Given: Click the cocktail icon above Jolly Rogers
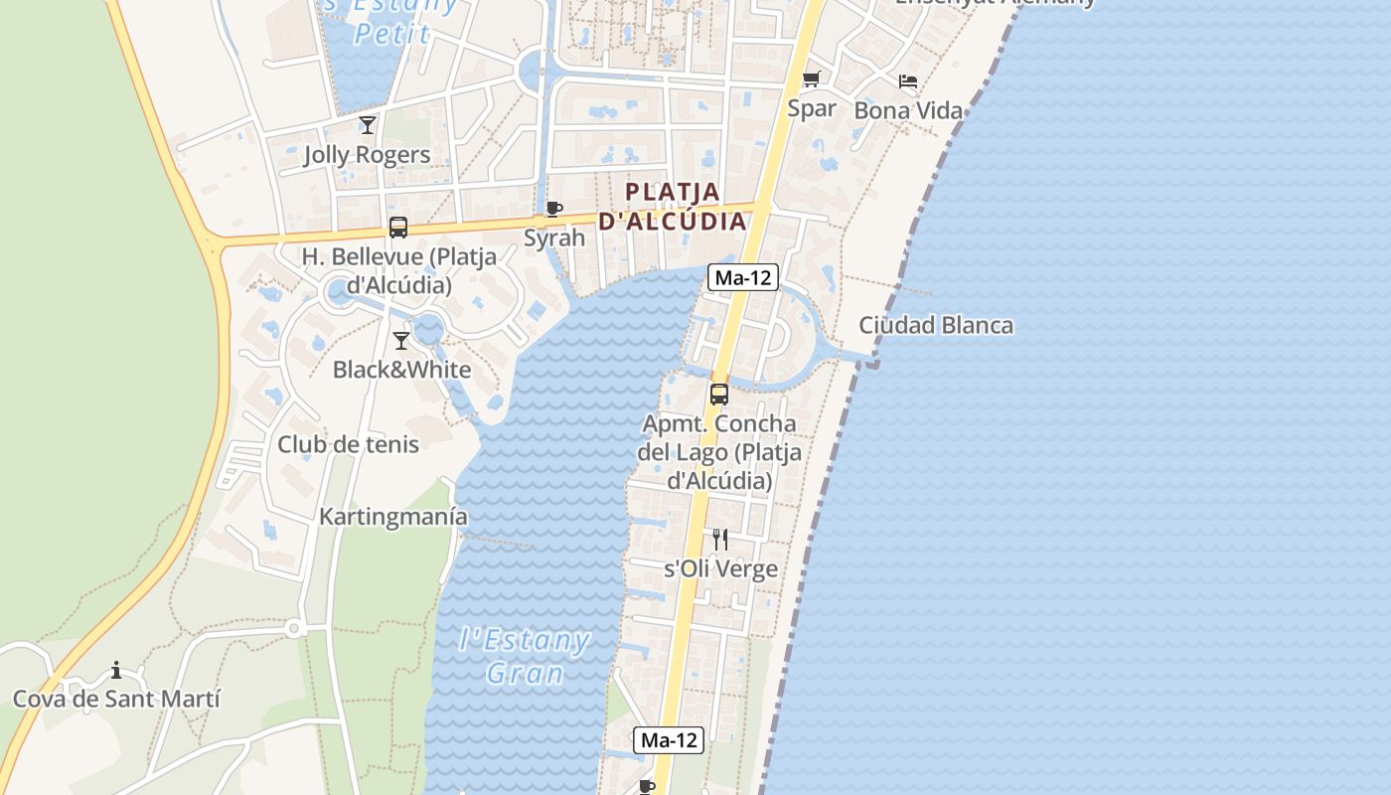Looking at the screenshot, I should [368, 124].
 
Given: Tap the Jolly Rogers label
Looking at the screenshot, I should [368, 155].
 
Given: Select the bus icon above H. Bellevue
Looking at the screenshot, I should [398, 227].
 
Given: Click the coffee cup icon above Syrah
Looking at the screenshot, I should [554, 209].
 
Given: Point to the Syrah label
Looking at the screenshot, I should [554, 238].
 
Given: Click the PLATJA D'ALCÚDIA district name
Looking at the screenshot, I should [673, 206].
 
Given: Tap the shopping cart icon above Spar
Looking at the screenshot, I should [812, 79].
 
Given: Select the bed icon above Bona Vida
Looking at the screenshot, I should [908, 81].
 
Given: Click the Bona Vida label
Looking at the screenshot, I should [908, 110].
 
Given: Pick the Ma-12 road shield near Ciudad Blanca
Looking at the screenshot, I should [742, 277].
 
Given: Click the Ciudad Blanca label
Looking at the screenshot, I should [936, 325].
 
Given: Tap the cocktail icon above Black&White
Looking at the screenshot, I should [401, 341].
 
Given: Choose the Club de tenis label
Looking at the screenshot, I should [348, 444].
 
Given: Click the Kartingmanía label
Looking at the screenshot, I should [393, 517].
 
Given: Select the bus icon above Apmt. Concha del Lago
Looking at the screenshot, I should [719, 394].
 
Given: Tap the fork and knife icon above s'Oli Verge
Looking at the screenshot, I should [720, 540].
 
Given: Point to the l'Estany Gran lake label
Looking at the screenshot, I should [526, 656].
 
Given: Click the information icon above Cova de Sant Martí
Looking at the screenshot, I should [116, 670].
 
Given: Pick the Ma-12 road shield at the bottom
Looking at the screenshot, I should [669, 739].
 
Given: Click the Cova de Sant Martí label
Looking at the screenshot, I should [116, 699].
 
